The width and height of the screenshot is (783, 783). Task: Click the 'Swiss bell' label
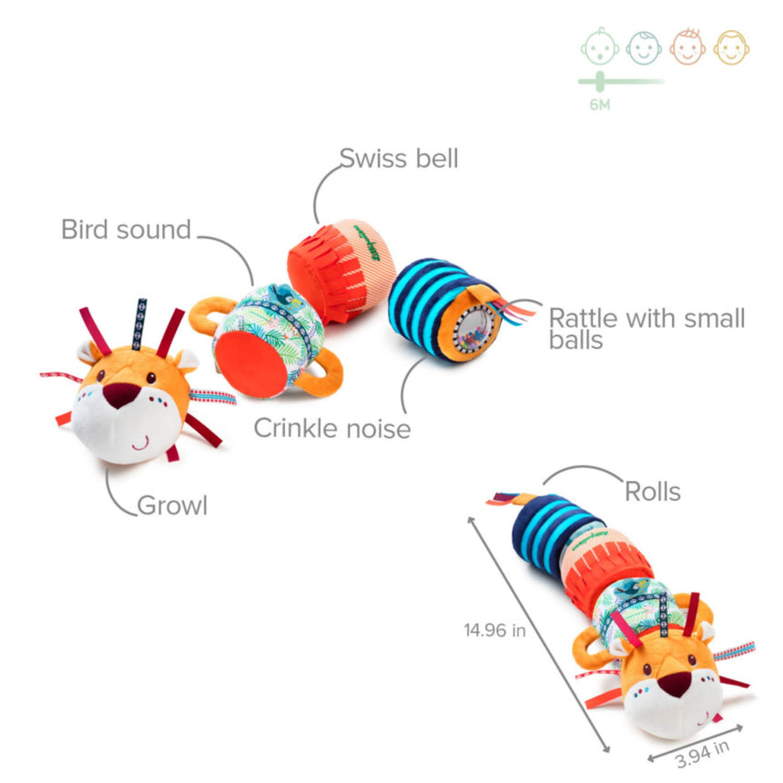pos(399,158)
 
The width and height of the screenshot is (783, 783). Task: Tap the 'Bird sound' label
pos(126,229)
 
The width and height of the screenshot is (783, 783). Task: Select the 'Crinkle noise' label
pos(330,427)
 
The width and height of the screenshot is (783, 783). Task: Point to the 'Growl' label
pos(172,505)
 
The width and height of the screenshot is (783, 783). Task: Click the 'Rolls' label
pos(652,492)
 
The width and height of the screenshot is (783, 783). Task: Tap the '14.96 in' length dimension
pos(494,629)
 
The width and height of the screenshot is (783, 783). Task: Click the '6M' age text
pos(599,105)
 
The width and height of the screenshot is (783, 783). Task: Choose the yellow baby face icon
pos(731,47)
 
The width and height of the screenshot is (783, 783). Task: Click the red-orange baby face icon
pos(687,47)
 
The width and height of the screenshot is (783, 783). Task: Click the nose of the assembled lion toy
pos(677,684)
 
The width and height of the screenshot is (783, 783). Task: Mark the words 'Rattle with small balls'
pos(646,329)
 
